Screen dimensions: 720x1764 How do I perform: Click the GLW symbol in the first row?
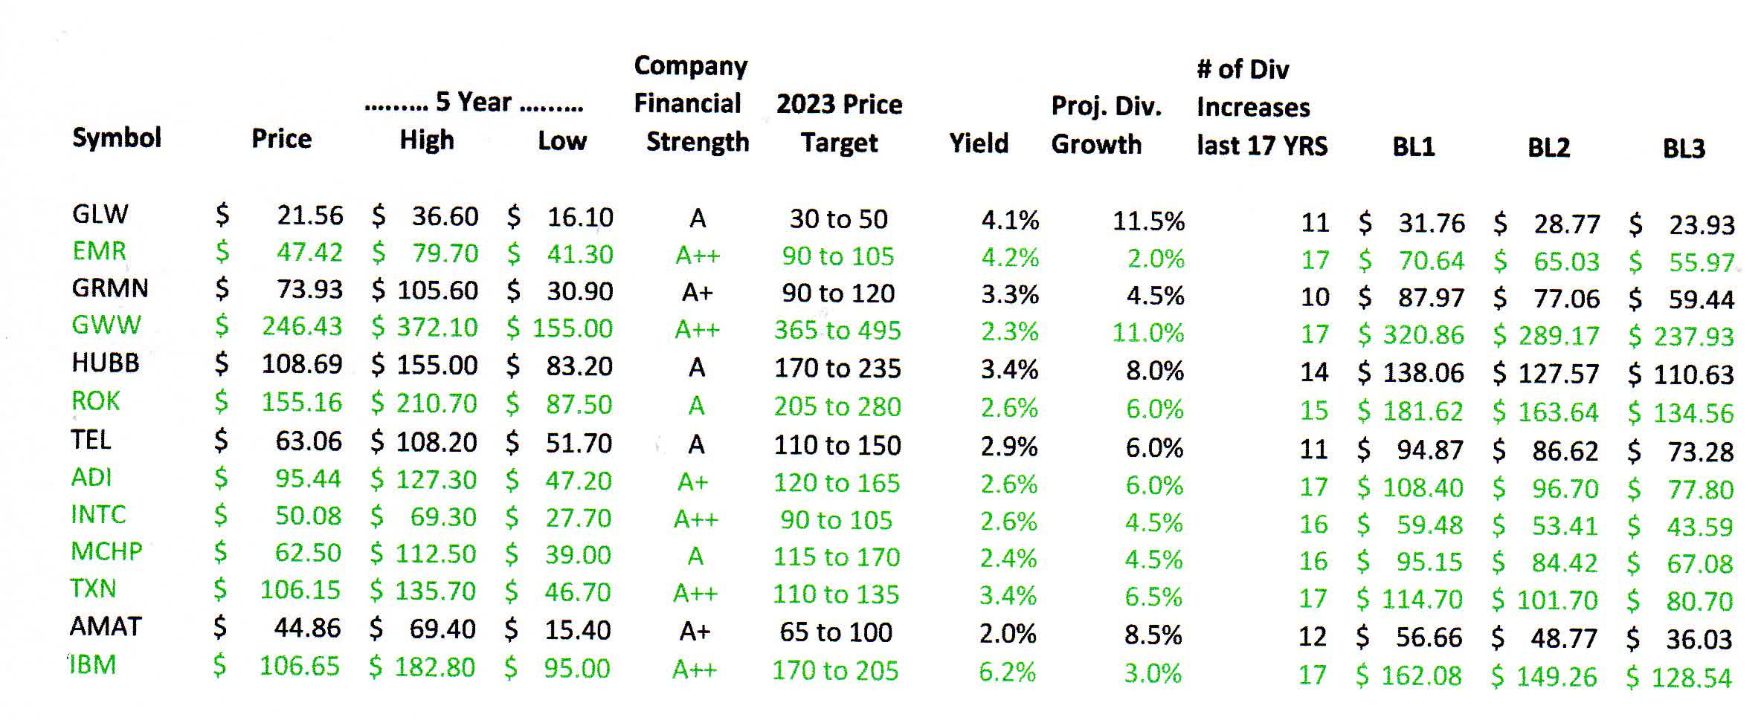[x=100, y=214]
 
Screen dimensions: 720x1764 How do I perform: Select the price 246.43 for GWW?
[x=301, y=326]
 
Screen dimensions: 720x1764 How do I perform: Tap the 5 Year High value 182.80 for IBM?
[x=434, y=667]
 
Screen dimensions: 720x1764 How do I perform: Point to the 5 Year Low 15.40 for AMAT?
[x=577, y=630]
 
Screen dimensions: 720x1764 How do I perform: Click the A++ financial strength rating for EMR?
[x=697, y=256]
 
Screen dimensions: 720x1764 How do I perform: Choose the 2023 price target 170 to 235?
[x=837, y=368]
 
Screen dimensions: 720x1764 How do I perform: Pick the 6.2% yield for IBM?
[x=1007, y=672]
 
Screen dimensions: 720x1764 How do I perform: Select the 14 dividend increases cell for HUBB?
[x=1314, y=372]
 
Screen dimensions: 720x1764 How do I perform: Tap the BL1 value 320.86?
[x=1423, y=335]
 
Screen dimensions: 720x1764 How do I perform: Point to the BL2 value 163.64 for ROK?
[x=1557, y=412]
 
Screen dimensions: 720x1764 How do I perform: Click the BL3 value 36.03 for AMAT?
[x=1699, y=639]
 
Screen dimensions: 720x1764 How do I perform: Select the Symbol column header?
[x=117, y=137]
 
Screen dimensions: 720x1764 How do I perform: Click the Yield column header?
[x=978, y=143]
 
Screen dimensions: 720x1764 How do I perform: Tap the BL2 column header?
[x=1548, y=148]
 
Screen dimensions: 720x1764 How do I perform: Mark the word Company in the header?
[x=690, y=66]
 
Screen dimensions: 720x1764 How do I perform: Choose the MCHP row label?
[x=106, y=551]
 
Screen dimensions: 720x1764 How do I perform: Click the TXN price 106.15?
[x=300, y=590]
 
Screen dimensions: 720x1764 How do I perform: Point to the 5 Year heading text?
[x=473, y=102]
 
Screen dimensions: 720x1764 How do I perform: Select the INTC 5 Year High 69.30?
[x=442, y=517]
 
